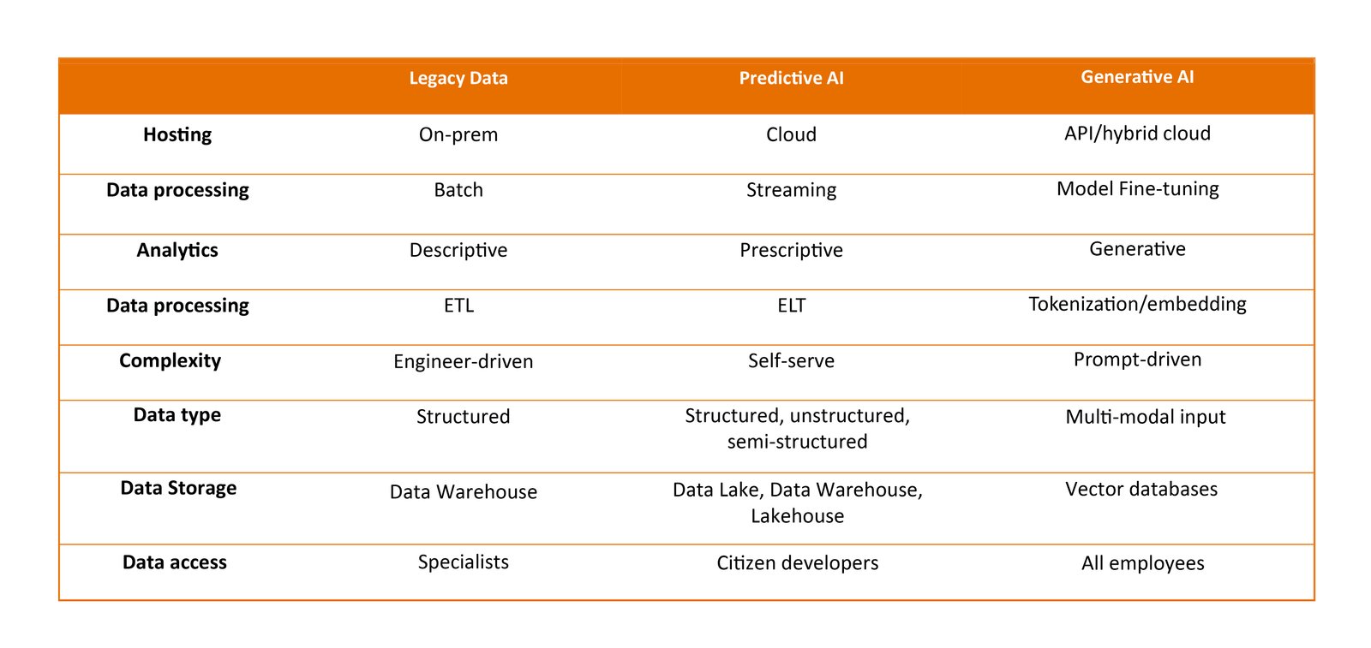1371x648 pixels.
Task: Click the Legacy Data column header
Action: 458,78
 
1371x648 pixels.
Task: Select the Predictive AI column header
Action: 792,78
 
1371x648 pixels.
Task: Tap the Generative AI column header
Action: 1137,76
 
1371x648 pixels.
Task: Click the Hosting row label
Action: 177,134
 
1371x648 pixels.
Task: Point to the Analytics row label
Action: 177,250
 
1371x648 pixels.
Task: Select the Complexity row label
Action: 171,360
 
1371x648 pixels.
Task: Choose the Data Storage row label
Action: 178,488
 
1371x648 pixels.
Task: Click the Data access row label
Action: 175,562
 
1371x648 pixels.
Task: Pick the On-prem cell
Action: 458,134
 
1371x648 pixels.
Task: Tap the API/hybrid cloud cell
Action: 1137,134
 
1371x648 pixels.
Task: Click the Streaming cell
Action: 792,190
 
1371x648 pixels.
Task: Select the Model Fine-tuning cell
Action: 1137,189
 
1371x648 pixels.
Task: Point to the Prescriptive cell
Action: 792,250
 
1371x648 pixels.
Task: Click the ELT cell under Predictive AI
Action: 792,305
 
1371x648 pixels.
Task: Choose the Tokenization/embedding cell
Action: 1137,305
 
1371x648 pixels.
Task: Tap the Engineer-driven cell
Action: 464,361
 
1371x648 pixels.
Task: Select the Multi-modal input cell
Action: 1145,417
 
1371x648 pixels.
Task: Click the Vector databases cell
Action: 1141,489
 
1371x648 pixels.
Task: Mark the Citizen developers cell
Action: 798,562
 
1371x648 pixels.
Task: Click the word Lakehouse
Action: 798,516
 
